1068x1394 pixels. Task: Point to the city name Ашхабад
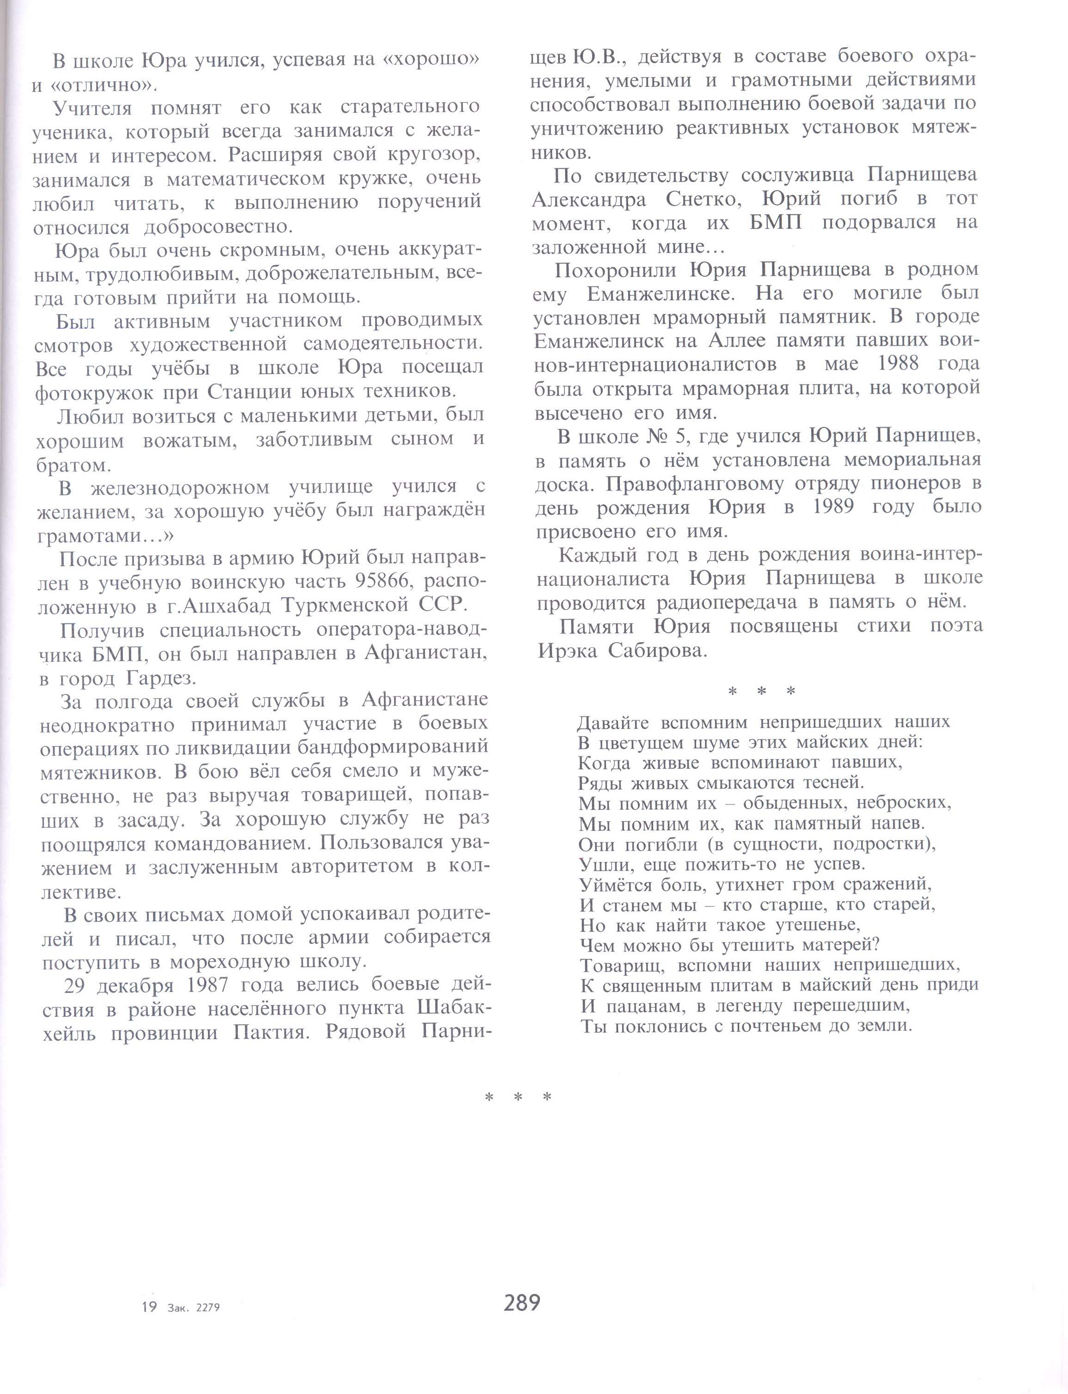coord(220,606)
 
